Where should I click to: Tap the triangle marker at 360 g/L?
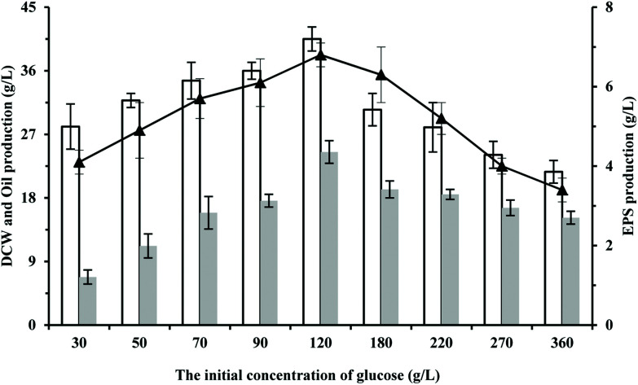click(x=561, y=190)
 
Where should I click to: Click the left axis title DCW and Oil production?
click(x=11, y=163)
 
